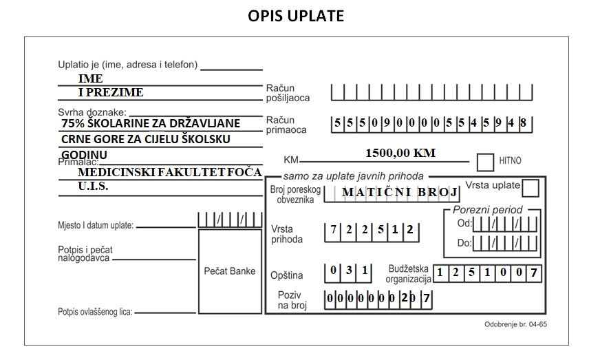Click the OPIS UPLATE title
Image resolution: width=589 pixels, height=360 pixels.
[296, 16]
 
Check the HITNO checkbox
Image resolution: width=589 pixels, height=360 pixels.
[485, 162]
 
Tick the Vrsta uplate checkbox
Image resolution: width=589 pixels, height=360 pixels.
[531, 188]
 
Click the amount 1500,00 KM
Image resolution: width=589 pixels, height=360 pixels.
[400, 153]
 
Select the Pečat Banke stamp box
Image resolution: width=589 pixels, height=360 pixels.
[230, 271]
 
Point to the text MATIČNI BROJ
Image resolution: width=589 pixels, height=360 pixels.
[400, 192]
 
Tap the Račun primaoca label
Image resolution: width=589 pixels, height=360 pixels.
[286, 125]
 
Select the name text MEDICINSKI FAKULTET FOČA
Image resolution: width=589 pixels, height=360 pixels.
[170, 172]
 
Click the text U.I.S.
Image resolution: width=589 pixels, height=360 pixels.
[93, 186]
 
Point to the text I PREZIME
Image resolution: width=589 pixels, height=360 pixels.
[111, 92]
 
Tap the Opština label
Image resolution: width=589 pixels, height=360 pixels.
[287, 275]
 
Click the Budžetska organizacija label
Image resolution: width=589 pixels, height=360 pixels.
[408, 274]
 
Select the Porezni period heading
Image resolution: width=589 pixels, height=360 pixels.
[488, 210]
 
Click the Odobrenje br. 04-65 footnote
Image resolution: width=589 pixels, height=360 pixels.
[516, 324]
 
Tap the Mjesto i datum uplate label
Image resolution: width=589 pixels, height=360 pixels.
[96, 226]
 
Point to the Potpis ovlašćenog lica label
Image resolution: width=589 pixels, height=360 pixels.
[95, 312]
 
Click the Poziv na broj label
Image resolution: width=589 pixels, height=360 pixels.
[292, 300]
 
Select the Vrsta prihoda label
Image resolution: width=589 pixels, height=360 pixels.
[287, 234]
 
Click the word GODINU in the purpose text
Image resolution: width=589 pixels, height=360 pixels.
[84, 154]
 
